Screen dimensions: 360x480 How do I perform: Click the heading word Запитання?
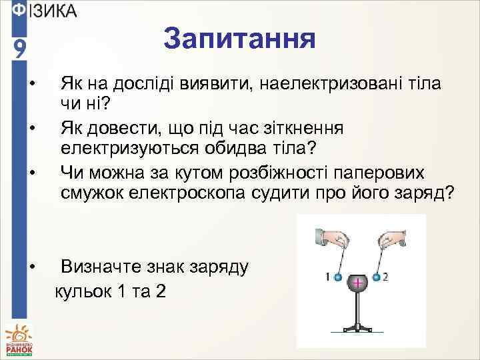point(239,39)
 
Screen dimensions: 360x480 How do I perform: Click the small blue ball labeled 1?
point(338,277)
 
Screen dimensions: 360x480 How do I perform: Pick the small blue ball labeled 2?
point(377,277)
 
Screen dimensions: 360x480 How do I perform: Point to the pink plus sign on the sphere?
point(358,284)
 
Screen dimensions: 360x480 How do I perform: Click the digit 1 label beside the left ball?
point(328,276)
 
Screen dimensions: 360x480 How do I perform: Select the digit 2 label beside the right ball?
point(386,276)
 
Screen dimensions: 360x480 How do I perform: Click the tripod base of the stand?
point(358,327)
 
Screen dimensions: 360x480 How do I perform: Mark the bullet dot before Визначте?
point(33,267)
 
